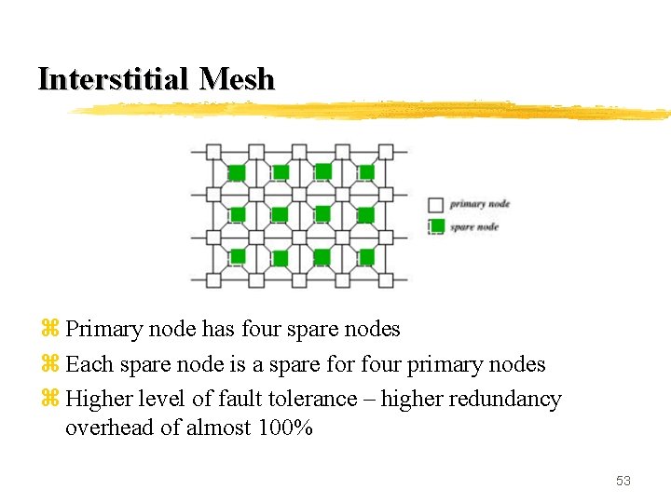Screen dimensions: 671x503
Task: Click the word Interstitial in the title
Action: point(112,79)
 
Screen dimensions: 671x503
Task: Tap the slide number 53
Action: point(623,481)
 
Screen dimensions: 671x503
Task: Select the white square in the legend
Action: point(435,204)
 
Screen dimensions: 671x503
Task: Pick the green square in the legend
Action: point(435,226)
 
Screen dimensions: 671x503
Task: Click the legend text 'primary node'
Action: point(480,204)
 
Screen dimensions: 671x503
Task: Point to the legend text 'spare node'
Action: point(474,226)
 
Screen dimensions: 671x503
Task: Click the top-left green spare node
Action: point(237,172)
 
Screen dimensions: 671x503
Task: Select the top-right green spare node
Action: point(366,171)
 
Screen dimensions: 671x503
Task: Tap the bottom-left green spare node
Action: point(237,256)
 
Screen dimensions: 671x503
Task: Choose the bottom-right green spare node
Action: point(366,256)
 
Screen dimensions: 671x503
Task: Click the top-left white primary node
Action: point(213,151)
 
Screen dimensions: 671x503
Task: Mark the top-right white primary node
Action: point(386,151)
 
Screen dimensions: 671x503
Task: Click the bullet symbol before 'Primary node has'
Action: point(50,330)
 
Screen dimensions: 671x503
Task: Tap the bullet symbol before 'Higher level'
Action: point(50,400)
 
